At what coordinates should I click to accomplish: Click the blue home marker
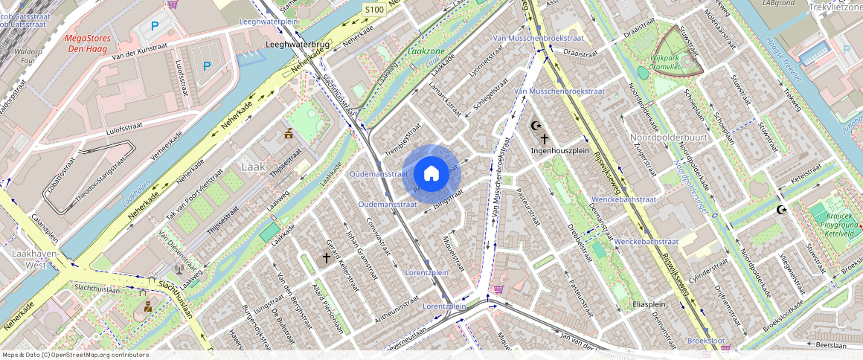point(431,174)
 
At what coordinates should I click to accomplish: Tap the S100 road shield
point(374,10)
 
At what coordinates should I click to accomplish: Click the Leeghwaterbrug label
point(298,45)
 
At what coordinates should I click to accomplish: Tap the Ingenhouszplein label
point(565,151)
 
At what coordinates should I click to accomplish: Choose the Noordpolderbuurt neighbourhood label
point(667,138)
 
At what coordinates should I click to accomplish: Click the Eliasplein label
point(648,304)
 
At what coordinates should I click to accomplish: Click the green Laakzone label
point(427,52)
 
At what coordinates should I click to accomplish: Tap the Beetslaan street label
point(831,345)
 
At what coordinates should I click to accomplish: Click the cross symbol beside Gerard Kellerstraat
point(326,258)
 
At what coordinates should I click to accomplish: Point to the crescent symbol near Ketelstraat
point(781,210)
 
